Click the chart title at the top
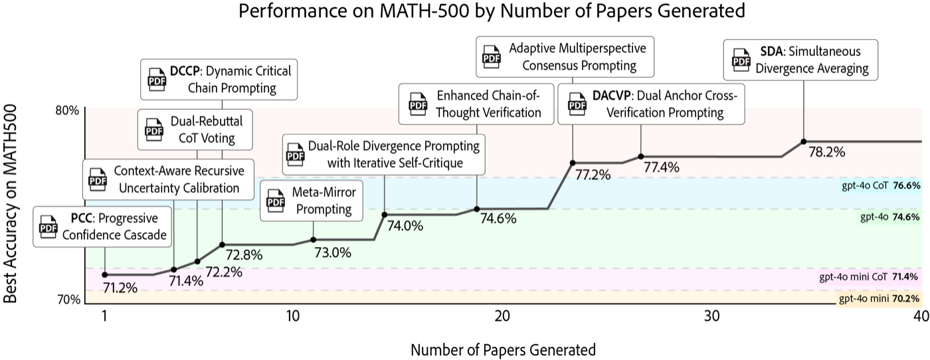click(492, 11)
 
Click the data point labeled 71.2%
click(105, 275)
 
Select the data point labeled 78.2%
click(803, 141)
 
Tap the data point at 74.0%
click(385, 215)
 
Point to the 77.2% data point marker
click(573, 163)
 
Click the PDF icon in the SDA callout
click(741, 60)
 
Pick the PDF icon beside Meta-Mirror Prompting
click(276, 201)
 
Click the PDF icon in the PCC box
click(48, 226)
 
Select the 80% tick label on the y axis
click(67, 111)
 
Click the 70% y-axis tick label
click(68, 300)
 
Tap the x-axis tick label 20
click(502, 316)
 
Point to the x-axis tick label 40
click(921, 316)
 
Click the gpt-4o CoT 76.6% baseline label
click(880, 185)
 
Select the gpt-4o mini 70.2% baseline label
click(879, 298)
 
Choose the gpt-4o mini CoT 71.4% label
click(868, 277)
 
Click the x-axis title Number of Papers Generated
click(504, 350)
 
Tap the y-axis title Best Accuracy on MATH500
click(10, 204)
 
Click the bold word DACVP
click(612, 96)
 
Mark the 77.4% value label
click(662, 167)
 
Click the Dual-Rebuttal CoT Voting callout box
click(195, 130)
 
